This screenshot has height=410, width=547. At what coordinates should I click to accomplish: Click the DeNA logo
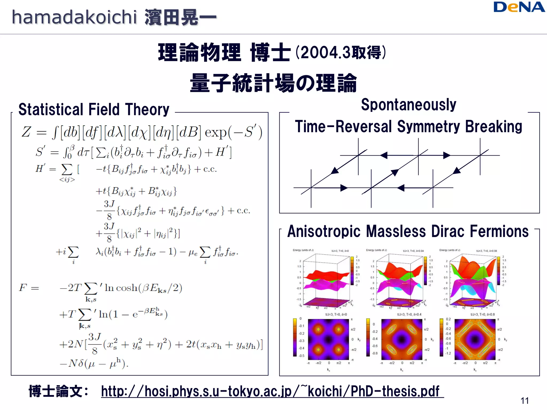tap(519, 7)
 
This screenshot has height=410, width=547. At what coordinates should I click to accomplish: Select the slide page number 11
tap(525, 401)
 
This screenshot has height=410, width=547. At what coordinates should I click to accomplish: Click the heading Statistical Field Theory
tap(94, 109)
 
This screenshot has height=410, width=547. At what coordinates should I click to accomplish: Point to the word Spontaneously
tap(408, 105)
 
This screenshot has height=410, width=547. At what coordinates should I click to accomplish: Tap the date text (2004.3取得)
tap(341, 53)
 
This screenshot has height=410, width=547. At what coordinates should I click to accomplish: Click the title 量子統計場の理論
tap(273, 83)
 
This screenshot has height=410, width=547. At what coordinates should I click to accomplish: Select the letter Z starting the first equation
tap(26, 132)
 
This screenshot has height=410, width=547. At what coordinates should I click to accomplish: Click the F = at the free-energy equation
tap(29, 288)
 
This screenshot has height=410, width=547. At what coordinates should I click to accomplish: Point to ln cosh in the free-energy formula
tap(121, 288)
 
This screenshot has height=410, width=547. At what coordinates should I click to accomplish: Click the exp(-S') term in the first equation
tap(233, 132)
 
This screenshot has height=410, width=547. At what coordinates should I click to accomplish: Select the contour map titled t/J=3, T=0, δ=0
tap(329, 340)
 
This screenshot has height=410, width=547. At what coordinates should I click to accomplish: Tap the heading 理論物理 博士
tap(224, 53)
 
